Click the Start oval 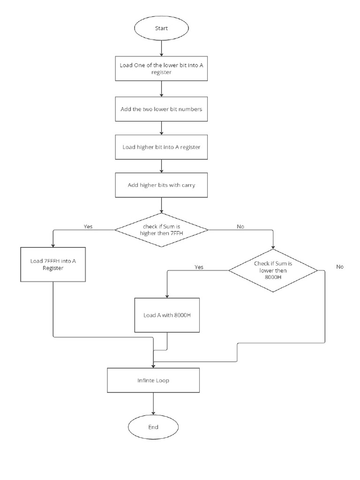(161, 29)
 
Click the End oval (153, 427)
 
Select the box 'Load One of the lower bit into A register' (161, 69)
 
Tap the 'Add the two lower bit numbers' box (161, 109)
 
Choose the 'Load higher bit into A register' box (161, 147)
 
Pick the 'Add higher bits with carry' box (161, 185)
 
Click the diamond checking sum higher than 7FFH (161, 230)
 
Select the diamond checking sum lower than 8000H (272, 270)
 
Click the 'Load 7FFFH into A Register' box (53, 265)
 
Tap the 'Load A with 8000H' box (167, 315)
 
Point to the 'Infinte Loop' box (153, 380)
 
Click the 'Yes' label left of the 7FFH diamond (88, 226)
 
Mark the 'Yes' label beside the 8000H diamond (199, 267)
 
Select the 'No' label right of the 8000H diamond (340, 266)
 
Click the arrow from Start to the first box (161, 48)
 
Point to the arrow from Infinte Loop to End (153, 404)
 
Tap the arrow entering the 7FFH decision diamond (161, 205)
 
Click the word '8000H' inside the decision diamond (272, 277)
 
